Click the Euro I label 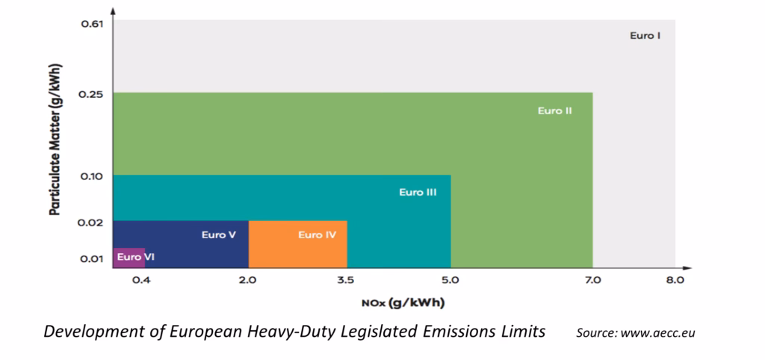[645, 35]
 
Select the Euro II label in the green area [554, 111]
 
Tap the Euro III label [418, 192]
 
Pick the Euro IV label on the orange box [317, 235]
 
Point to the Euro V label [219, 235]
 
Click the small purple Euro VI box [128, 257]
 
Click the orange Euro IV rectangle [297, 250]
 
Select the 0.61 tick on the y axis [90, 24]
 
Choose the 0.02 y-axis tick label [90, 222]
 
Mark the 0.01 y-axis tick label [90, 259]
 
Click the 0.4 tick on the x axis [143, 282]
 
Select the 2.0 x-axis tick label [248, 282]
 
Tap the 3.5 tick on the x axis [347, 282]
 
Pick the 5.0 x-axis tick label [450, 282]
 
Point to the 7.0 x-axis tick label [592, 282]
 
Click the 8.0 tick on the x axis [675, 282]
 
